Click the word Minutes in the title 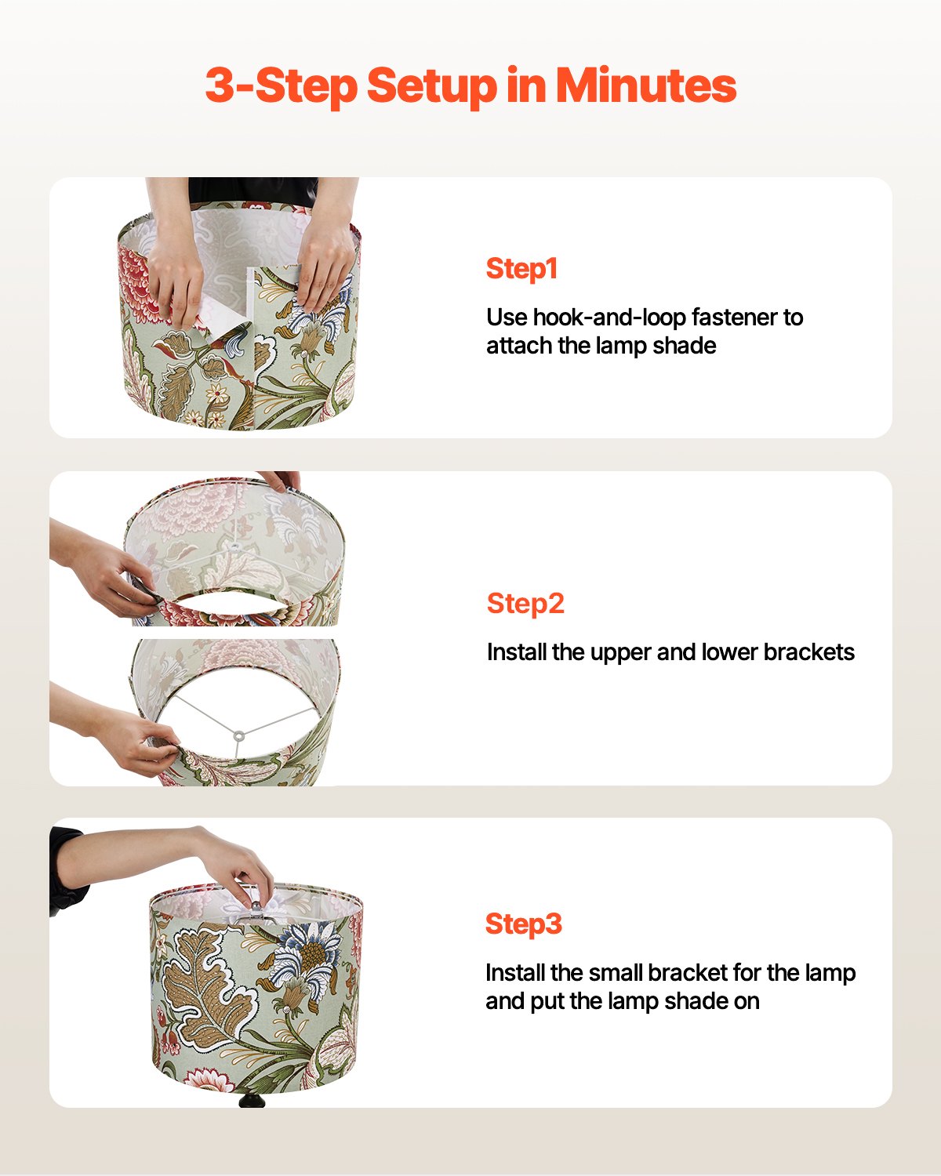click(646, 85)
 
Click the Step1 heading click(521, 269)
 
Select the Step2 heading click(525, 604)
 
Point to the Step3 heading click(524, 924)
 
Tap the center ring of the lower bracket click(238, 735)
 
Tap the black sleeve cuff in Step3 click(67, 870)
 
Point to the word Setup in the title click(431, 85)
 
